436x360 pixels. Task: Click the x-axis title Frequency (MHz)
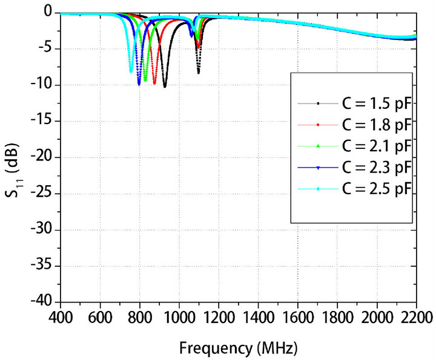237,349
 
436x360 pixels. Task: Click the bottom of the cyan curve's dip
131,72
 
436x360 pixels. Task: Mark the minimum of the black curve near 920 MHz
164,87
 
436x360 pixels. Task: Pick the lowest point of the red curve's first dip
154,83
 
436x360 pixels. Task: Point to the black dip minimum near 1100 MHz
198,73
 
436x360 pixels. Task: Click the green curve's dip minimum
145,80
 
